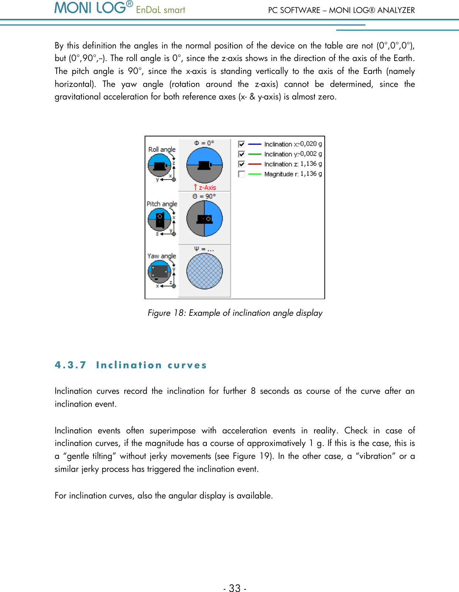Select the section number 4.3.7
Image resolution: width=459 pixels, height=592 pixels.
(x=70, y=365)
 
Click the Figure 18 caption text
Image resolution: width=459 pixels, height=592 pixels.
(x=235, y=313)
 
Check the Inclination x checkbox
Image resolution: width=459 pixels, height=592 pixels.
(x=242, y=144)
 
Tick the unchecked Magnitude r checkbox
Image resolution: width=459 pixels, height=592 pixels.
(x=242, y=174)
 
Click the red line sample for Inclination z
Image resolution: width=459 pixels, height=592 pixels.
(x=254, y=164)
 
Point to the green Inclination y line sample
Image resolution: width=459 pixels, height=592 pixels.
(x=254, y=154)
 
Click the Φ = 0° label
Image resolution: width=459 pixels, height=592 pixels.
(x=204, y=143)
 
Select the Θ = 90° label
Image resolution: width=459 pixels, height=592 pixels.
(x=204, y=196)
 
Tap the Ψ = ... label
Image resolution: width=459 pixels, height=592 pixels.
(x=204, y=249)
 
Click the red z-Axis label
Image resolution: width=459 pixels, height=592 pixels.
(x=205, y=187)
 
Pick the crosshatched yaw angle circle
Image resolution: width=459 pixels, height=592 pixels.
(x=205, y=271)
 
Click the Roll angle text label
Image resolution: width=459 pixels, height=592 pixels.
(x=162, y=149)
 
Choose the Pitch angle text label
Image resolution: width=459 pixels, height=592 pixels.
(x=162, y=204)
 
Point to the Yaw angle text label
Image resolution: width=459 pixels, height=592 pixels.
(x=162, y=256)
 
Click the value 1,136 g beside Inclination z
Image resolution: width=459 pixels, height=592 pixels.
(x=311, y=164)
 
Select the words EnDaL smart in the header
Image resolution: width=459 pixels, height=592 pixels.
(x=161, y=10)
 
